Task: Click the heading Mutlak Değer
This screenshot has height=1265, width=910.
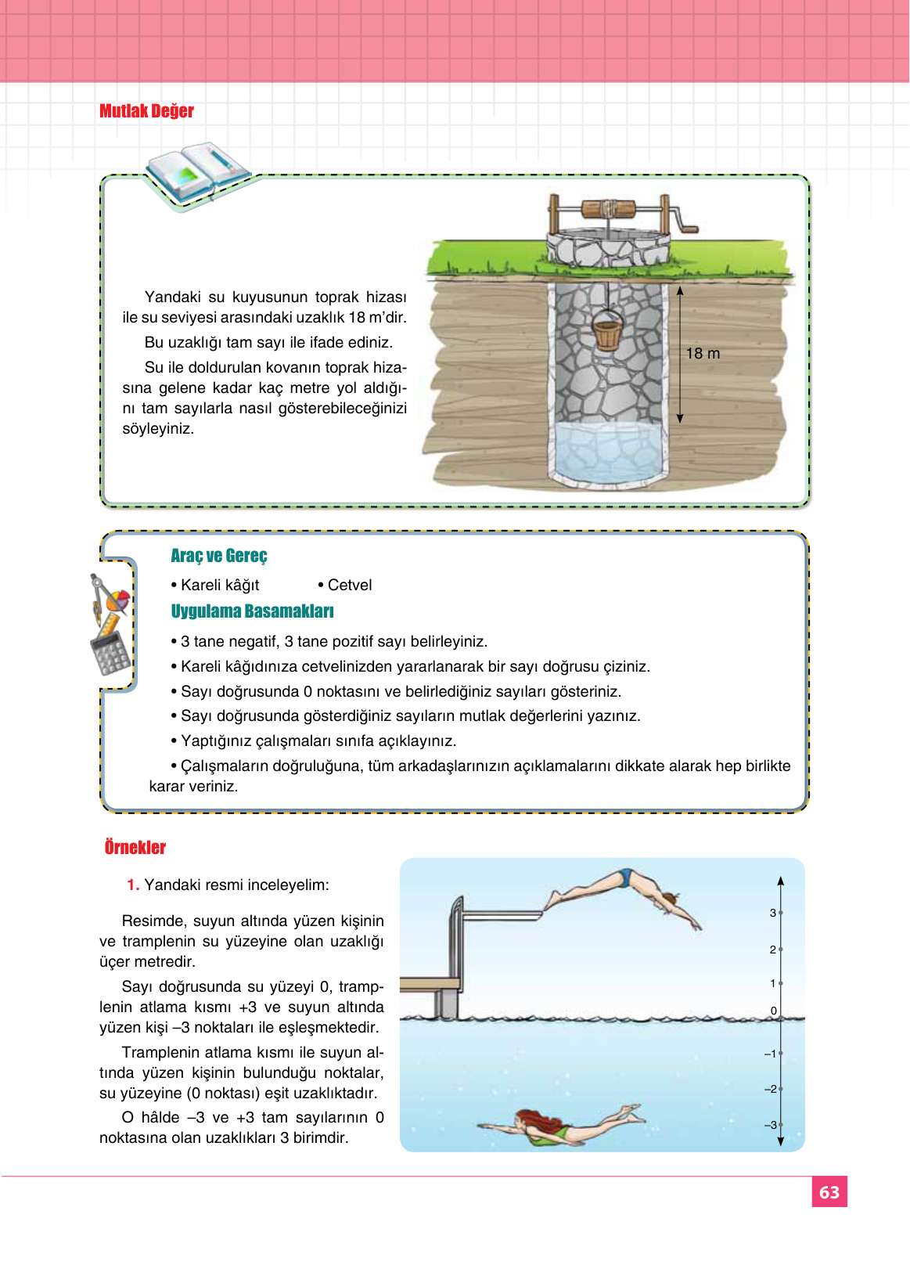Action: point(146,111)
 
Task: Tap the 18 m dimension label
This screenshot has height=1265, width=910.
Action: point(703,354)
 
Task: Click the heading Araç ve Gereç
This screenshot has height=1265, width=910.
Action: point(219,556)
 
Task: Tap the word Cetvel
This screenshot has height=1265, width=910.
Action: point(349,586)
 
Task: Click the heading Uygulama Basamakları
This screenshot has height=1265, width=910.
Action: point(252,611)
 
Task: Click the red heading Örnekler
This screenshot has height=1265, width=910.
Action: point(135,848)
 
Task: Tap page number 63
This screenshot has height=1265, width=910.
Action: point(829,1192)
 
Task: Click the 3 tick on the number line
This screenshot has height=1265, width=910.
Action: point(780,913)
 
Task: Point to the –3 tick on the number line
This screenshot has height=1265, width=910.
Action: point(780,1125)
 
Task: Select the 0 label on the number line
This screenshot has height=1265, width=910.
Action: point(774,1011)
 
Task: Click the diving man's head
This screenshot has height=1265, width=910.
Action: point(670,899)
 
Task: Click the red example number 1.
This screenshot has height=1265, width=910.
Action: point(133,885)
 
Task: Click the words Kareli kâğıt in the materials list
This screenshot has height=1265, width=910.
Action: point(219,586)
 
